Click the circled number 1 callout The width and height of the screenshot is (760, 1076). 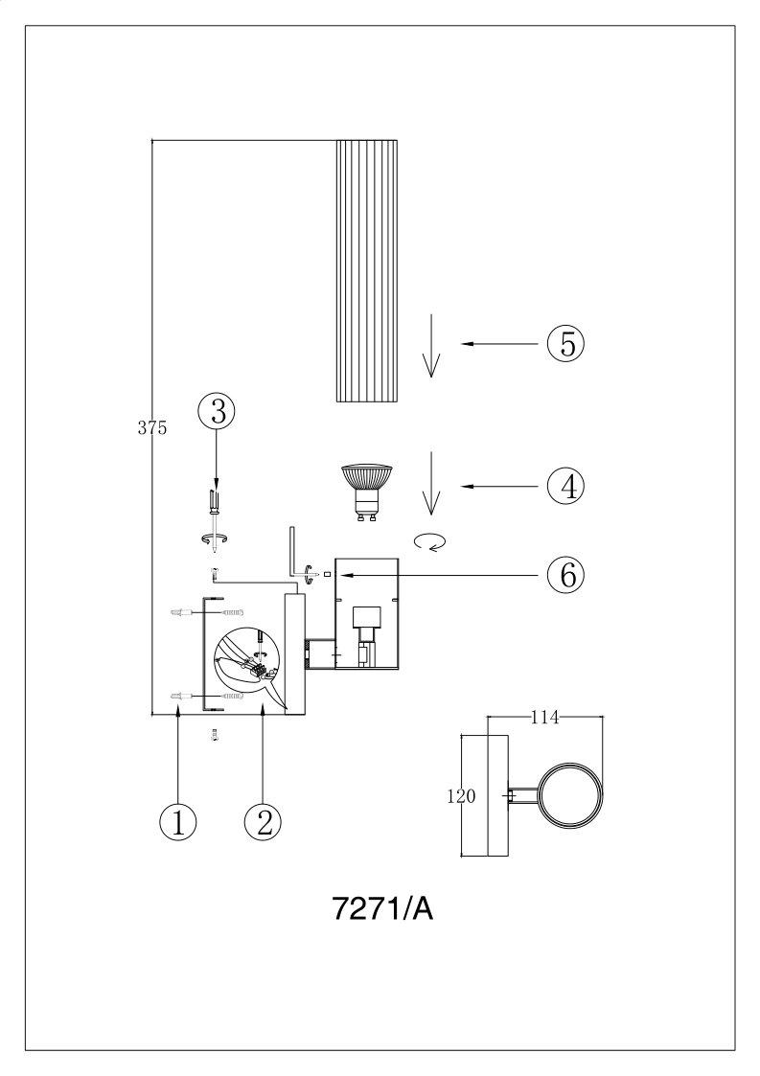click(178, 821)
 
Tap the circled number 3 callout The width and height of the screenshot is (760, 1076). click(217, 412)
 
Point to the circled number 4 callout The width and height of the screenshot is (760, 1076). click(565, 487)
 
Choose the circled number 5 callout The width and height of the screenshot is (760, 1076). click(565, 343)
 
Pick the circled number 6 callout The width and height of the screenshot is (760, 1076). click(565, 574)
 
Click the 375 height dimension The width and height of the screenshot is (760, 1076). click(152, 428)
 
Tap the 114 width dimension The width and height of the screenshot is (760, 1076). click(545, 718)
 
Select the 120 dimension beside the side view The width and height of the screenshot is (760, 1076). click(461, 797)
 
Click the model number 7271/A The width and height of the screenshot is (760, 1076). click(383, 909)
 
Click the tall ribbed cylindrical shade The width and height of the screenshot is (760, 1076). click(367, 270)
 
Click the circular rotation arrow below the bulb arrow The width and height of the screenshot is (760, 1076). click(432, 542)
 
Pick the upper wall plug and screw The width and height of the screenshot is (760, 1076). click(207, 611)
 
